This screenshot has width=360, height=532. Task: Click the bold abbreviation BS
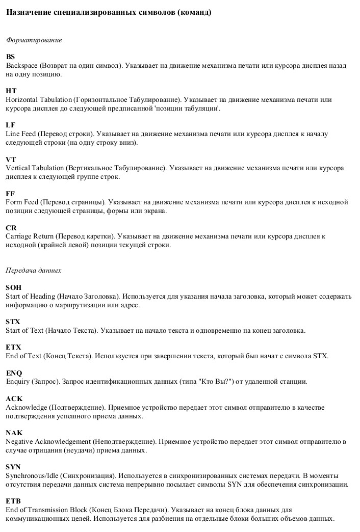click(x=11, y=57)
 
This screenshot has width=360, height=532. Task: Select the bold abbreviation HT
click(x=11, y=91)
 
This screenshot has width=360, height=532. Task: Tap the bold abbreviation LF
click(x=11, y=125)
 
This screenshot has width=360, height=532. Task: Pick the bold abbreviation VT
click(x=11, y=159)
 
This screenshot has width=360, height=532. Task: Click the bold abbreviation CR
click(x=11, y=228)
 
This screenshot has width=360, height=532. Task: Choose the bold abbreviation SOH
click(x=14, y=287)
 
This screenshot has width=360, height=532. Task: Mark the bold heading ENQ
click(x=14, y=373)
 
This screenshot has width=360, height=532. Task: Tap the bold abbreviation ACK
click(x=14, y=398)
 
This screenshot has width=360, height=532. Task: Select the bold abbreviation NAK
click(x=14, y=433)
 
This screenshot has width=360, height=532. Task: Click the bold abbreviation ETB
click(x=14, y=501)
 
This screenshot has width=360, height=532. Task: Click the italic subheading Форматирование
click(x=34, y=40)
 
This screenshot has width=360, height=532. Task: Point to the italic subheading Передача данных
click(x=34, y=270)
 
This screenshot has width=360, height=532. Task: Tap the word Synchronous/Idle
click(x=32, y=475)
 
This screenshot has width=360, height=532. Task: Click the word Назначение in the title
click(x=28, y=12)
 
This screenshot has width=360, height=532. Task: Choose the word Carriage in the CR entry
click(x=19, y=236)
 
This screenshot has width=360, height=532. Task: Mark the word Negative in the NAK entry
click(x=19, y=441)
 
